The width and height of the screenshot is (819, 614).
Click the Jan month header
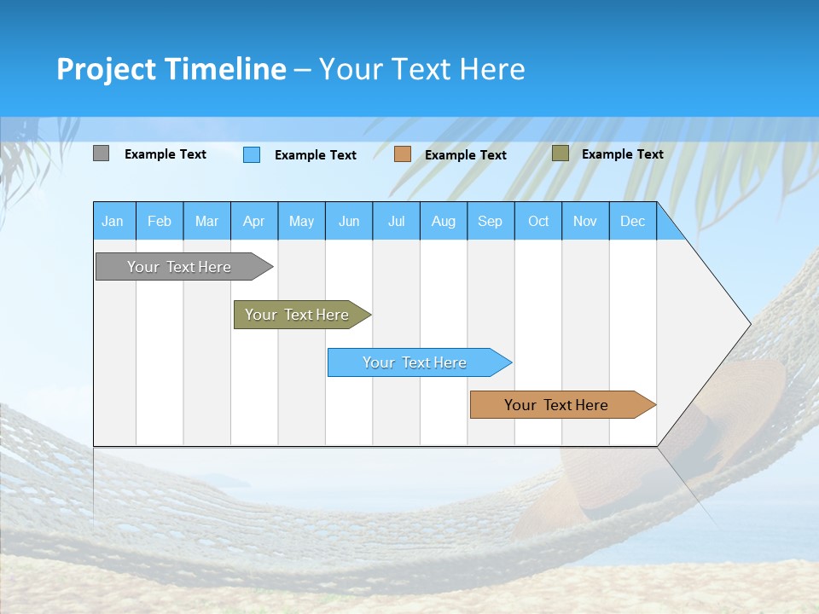click(113, 221)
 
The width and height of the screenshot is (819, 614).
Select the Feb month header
click(160, 221)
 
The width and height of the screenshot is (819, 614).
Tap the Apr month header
click(253, 221)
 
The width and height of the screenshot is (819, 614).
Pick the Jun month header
click(349, 221)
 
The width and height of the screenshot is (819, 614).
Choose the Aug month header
click(443, 221)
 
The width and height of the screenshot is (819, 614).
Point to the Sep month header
click(490, 221)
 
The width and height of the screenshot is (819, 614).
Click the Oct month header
click(538, 221)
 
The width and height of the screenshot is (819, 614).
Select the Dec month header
click(632, 221)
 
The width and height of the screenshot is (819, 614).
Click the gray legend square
click(101, 153)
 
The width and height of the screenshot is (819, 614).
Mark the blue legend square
click(252, 154)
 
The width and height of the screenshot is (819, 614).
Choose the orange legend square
click(403, 153)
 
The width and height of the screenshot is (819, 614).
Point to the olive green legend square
click(560, 153)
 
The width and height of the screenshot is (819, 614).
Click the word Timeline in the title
click(225, 69)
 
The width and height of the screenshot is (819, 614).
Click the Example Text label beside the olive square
click(622, 154)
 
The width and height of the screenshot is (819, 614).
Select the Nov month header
click(585, 221)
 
